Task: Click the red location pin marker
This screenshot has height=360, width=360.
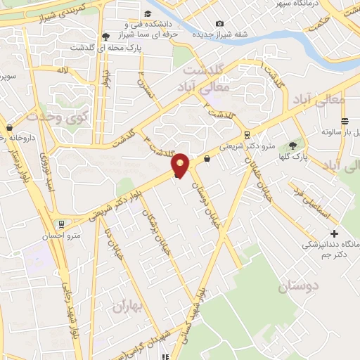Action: pyautogui.click(x=181, y=165)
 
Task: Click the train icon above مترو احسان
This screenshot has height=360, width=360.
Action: pyautogui.click(x=63, y=224)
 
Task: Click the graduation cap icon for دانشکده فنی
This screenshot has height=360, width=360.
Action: pyautogui.click(x=148, y=13)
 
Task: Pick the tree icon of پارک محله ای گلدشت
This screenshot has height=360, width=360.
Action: pyautogui.click(x=105, y=36)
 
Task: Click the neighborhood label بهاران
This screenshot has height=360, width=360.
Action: pyautogui.click(x=127, y=306)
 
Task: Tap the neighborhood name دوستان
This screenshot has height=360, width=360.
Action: pyautogui.click(x=298, y=286)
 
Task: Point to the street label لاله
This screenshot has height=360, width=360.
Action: pyautogui.click(x=63, y=70)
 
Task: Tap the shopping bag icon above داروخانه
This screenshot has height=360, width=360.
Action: pyautogui.click(x=9, y=128)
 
